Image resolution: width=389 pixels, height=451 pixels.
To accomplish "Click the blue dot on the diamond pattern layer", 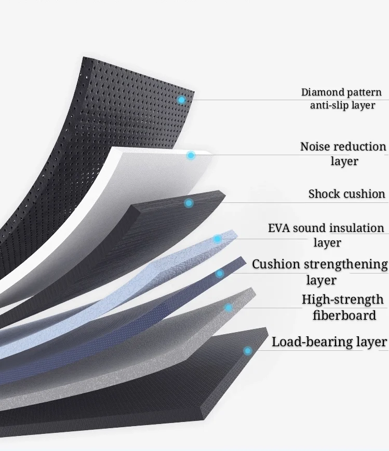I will pos(181,100).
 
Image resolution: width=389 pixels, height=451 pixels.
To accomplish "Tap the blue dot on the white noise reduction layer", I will pos(191,155).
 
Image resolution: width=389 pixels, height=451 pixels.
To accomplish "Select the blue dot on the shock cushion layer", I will pos(189,203).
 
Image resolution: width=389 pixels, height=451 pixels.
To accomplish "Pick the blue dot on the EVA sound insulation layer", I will pos(217,239).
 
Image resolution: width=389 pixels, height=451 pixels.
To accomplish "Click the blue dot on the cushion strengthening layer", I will pos(220,273).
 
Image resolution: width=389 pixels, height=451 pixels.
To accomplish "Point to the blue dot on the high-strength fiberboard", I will pos(229,308).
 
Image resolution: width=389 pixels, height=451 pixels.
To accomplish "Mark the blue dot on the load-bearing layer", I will pos(248,351).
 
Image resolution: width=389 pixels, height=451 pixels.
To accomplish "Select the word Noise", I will pos(315,147).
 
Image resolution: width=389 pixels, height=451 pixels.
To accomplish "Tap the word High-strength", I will pos(343,300).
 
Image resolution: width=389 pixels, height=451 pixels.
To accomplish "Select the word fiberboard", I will pos(344,315).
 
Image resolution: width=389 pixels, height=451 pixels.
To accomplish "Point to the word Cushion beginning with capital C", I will pos(276,264).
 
